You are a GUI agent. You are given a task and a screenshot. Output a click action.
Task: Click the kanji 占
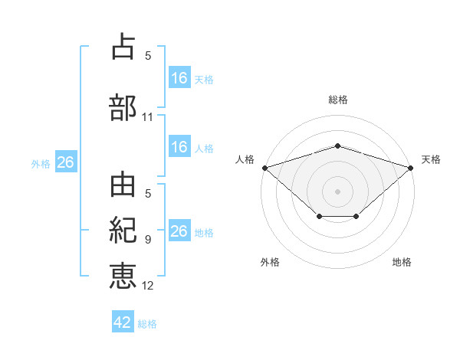pos(123,47)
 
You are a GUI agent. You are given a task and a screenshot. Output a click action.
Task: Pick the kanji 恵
pos(123,273)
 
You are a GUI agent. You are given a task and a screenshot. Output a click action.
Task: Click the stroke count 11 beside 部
pos(148,117)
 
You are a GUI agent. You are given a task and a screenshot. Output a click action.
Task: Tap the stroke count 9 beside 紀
pos(148,240)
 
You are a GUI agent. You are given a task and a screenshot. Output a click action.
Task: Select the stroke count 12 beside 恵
pos(148,286)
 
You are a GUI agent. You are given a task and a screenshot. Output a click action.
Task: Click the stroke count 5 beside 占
pos(148,56)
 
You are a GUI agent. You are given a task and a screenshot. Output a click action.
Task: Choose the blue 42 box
pos(123,322)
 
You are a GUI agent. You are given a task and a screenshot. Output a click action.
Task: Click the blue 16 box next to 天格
pos(179,77)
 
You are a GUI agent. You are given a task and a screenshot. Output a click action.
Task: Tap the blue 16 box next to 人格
pos(179,147)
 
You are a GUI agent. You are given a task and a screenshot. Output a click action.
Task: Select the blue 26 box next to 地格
pos(179,231)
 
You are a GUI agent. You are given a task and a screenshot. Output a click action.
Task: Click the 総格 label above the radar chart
pos(338,100)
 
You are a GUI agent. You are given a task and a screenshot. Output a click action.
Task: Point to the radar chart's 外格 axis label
pos(270,262)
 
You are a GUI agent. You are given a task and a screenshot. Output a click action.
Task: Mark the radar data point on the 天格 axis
pos(411,167)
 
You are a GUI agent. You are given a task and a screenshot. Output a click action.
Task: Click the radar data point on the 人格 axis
pos(264,167)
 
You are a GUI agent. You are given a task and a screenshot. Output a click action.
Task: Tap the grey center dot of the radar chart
pos(337,191)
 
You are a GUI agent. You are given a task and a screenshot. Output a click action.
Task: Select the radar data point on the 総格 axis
pos(337,146)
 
